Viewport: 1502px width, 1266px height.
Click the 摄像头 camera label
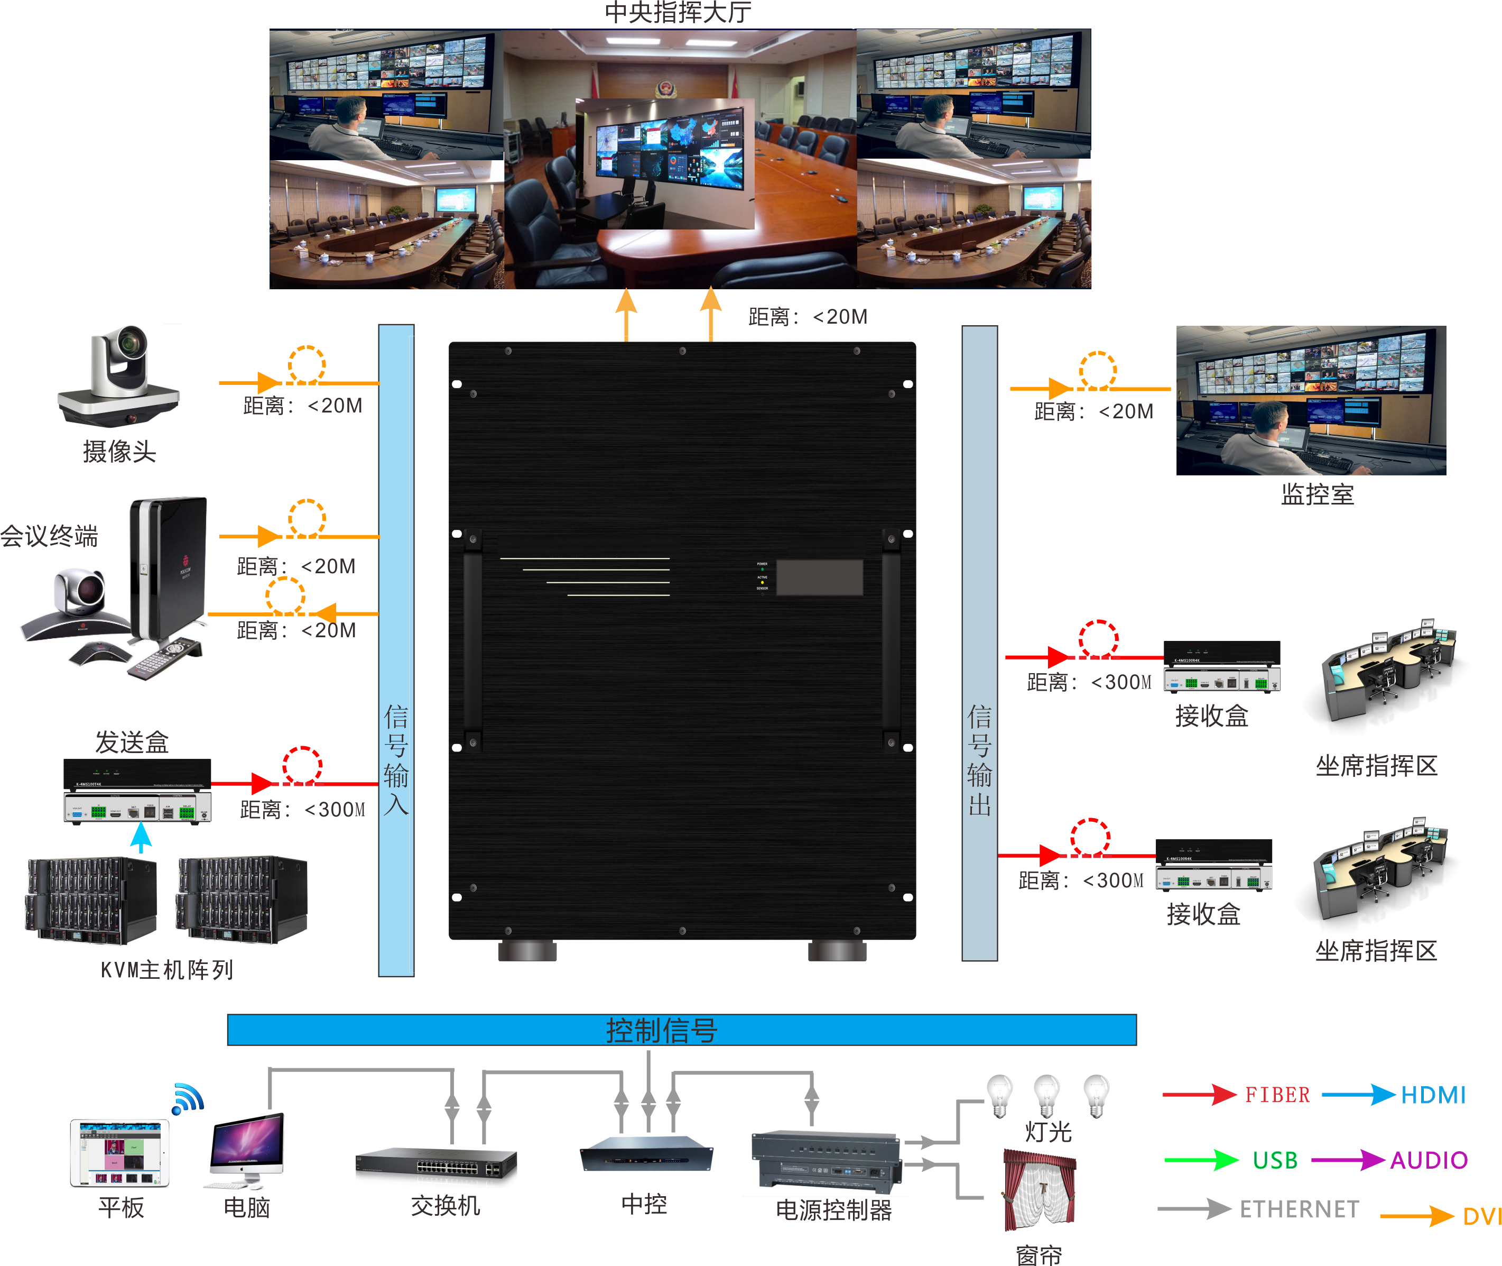click(119, 452)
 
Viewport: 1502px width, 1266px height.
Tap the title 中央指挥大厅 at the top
click(678, 12)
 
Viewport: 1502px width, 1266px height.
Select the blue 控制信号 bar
click(681, 1030)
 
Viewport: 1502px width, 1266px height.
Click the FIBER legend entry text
click(1277, 1095)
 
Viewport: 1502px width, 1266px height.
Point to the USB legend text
click(1275, 1160)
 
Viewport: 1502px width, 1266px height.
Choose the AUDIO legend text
click(1429, 1160)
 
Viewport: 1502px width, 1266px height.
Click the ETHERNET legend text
click(1299, 1209)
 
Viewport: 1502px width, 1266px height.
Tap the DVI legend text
click(1481, 1216)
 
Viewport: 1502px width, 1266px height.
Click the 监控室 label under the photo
click(1317, 494)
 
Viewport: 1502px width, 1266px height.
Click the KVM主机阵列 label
click(166, 970)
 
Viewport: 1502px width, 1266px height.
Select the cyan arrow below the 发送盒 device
click(141, 838)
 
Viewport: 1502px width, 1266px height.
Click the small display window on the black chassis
click(819, 577)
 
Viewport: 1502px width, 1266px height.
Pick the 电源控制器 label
click(833, 1211)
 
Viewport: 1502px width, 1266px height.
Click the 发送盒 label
click(132, 742)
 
